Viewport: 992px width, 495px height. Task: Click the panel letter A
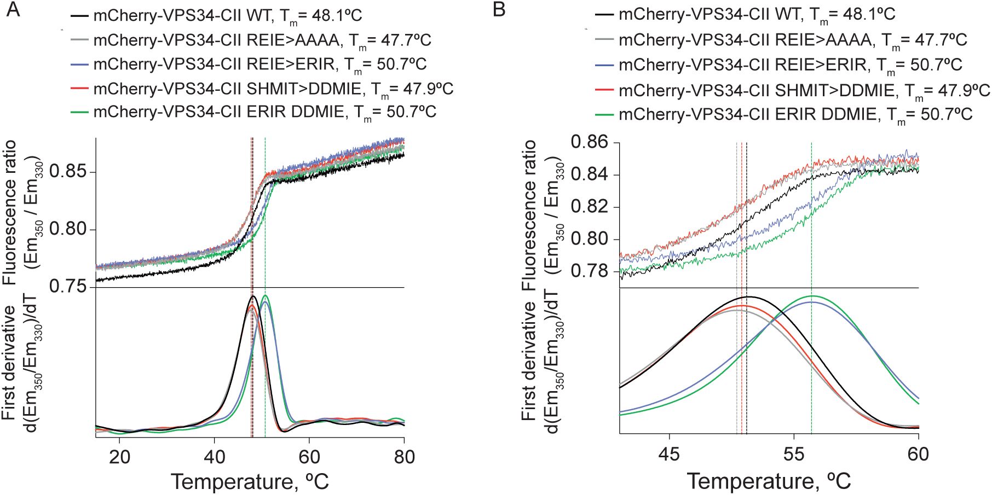coord(13,9)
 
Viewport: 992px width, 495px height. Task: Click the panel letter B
coord(499,9)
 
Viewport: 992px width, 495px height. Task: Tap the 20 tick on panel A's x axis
coord(119,457)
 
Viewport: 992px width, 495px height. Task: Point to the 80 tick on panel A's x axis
coord(404,457)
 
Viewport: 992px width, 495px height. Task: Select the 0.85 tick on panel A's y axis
coord(68,172)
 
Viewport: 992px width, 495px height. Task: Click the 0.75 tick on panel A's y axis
coord(68,287)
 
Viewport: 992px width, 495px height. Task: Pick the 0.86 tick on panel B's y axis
coord(589,143)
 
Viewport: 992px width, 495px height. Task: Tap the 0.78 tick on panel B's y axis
coord(589,271)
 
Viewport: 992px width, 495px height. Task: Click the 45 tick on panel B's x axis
coord(669,455)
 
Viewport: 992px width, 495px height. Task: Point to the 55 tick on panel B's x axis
coord(794,455)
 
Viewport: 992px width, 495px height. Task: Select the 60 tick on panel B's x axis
coord(918,455)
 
